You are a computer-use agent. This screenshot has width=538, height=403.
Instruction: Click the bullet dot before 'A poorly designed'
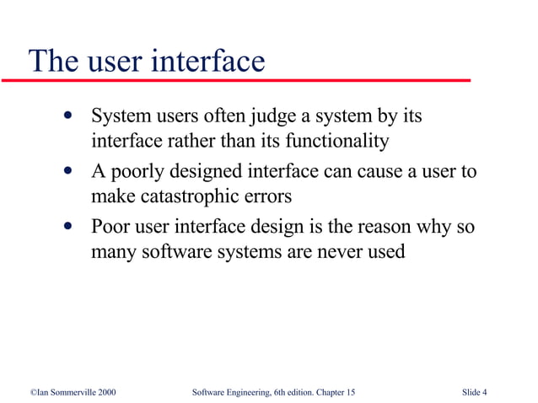pyautogui.click(x=66, y=172)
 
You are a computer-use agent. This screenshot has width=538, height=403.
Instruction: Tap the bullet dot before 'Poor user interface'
pyautogui.click(x=66, y=226)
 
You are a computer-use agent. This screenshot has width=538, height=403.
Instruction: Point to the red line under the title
pyautogui.click(x=236, y=80)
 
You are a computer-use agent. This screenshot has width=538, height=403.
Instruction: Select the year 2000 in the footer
pyautogui.click(x=106, y=392)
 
